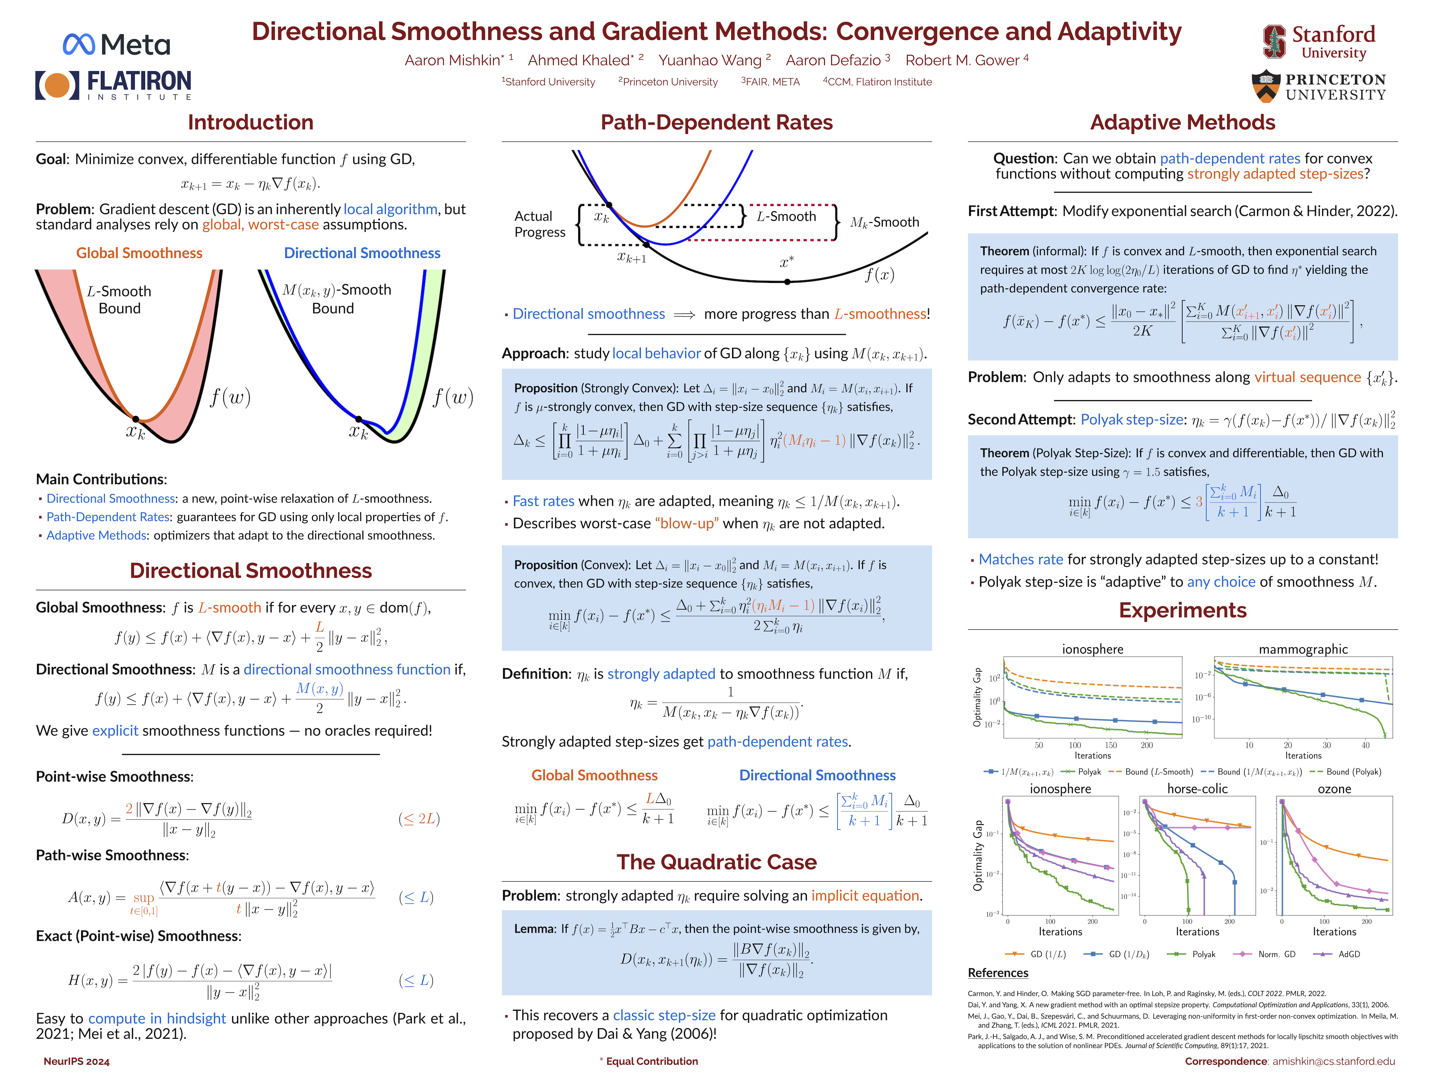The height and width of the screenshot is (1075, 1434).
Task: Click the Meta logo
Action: (x=117, y=44)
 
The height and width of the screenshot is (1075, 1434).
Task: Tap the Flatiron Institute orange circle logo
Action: (x=57, y=85)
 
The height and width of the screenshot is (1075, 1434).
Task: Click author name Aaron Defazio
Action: (x=833, y=60)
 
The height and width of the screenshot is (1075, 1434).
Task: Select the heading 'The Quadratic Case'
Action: (x=716, y=862)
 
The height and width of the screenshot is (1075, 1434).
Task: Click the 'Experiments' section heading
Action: (x=1182, y=610)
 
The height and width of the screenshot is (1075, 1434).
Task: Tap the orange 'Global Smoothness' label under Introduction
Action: (x=139, y=253)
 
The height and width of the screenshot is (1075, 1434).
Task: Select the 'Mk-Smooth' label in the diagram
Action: (x=884, y=222)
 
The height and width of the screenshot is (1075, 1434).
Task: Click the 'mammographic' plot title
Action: (x=1303, y=649)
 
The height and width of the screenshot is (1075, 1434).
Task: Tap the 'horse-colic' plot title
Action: (x=1197, y=789)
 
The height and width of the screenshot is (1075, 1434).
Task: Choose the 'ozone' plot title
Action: (x=1334, y=789)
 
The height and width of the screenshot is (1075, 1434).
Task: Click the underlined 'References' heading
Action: (x=998, y=973)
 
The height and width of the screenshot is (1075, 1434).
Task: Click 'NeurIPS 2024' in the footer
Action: (x=77, y=1061)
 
